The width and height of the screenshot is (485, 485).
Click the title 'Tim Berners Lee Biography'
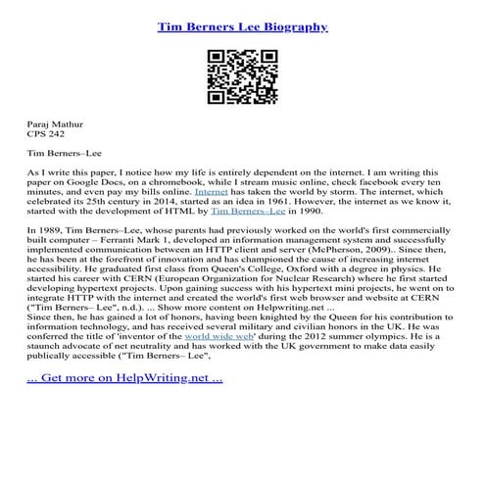point(242,27)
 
